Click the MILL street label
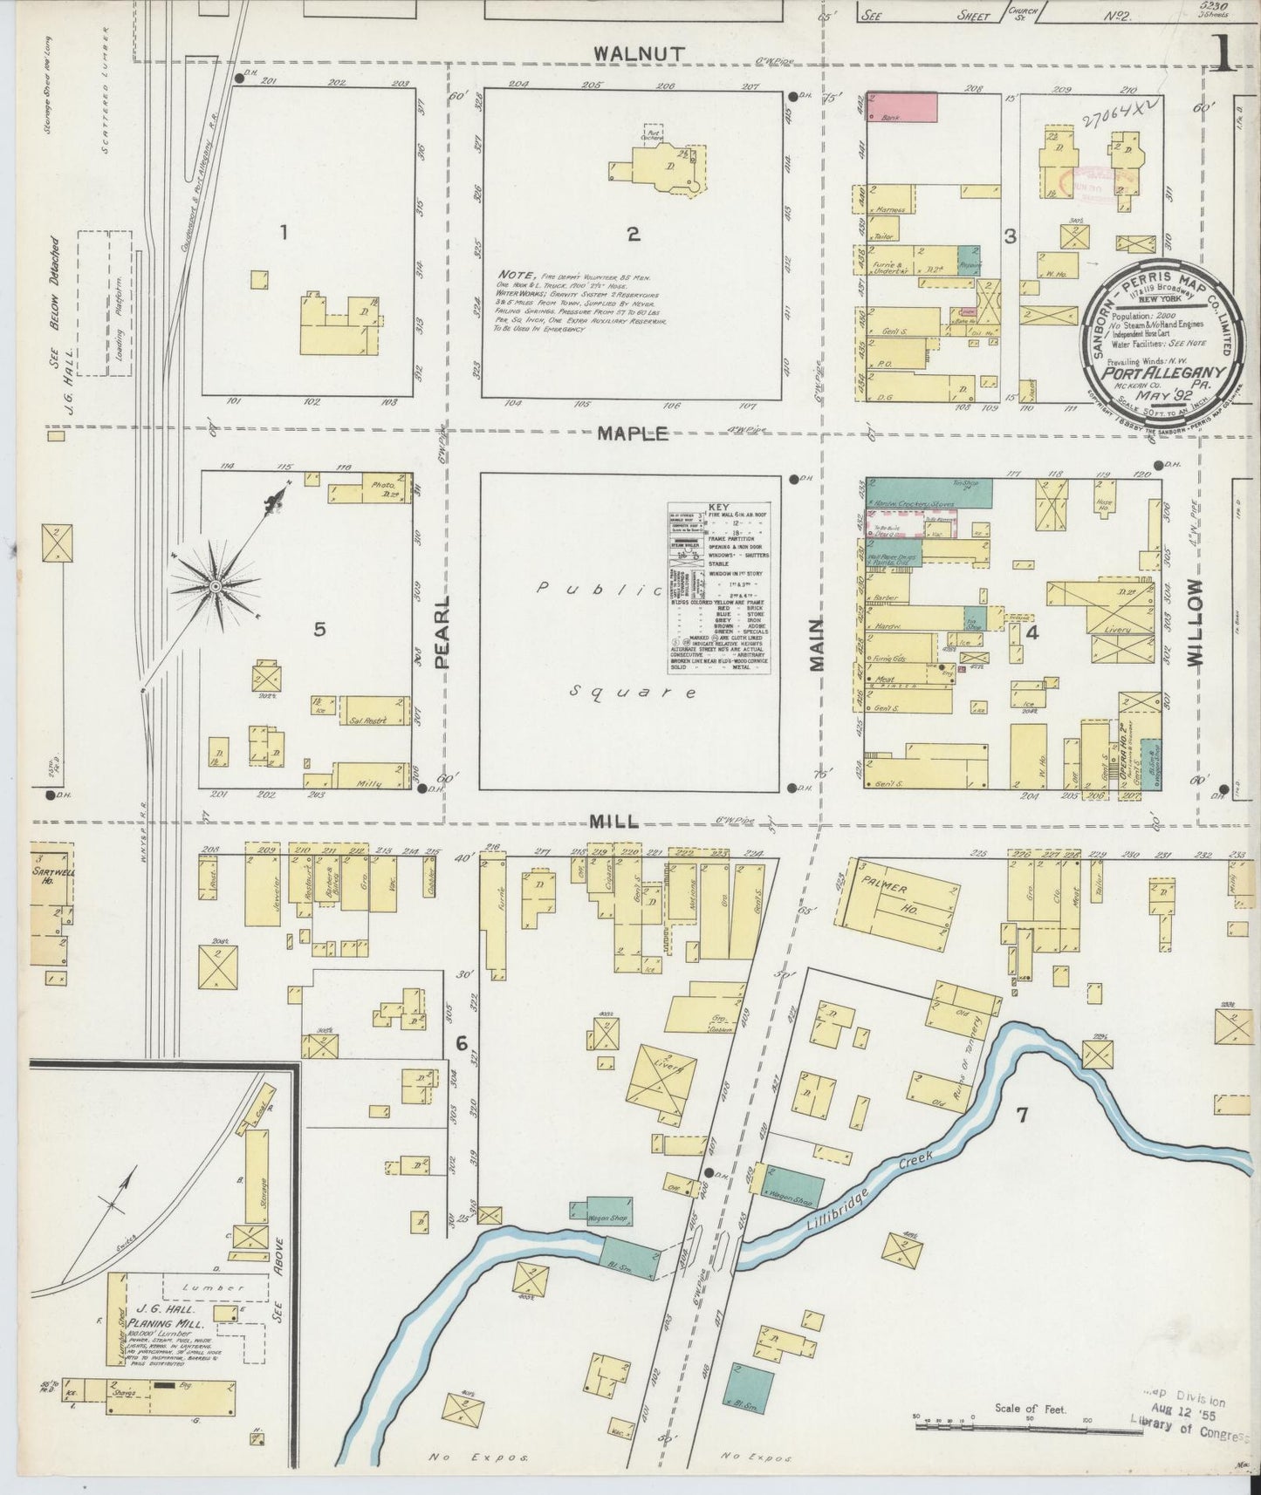click(614, 822)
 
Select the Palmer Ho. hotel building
click(899, 905)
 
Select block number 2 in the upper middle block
click(633, 234)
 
